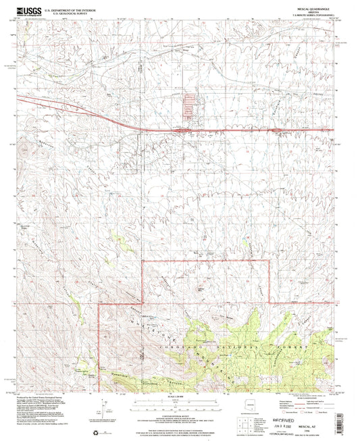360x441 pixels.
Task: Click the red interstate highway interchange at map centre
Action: tap(183, 129)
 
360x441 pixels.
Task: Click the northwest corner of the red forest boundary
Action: tap(144, 260)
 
